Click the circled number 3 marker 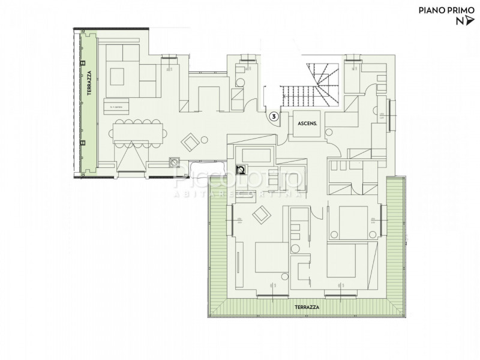coord(274,117)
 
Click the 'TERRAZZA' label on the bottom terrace coord(306,307)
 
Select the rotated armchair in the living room coord(191,142)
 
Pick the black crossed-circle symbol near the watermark coord(241,170)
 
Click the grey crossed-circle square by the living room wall coord(175,161)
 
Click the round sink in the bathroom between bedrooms coord(295,248)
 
